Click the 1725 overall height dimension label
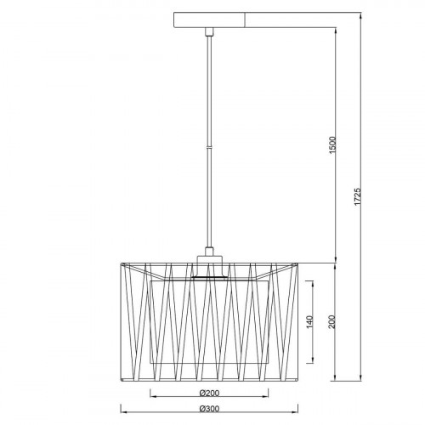click(x=358, y=196)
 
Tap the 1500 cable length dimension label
click(x=333, y=145)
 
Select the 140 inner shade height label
click(x=310, y=322)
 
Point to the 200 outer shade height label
click(x=331, y=321)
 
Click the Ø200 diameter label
click(x=209, y=393)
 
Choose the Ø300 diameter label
click(x=209, y=409)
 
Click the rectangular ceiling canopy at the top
click(x=209, y=20)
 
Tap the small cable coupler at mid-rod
click(x=209, y=147)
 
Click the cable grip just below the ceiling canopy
click(x=209, y=31)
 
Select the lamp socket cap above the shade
click(x=210, y=266)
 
